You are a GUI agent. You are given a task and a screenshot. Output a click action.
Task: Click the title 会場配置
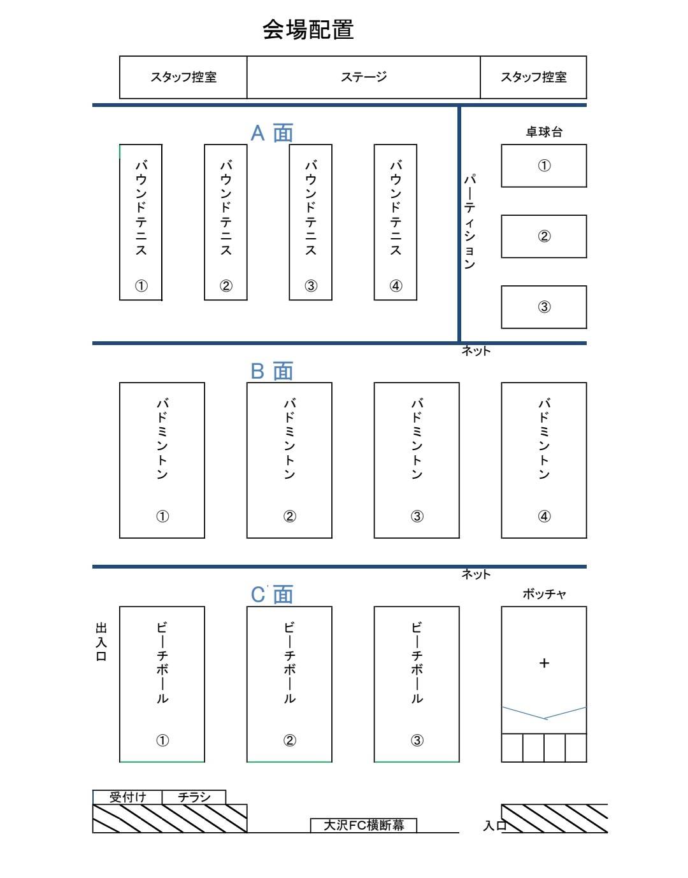pyautogui.click(x=308, y=30)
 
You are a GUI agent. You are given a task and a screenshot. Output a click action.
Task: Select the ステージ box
pyautogui.click(x=363, y=77)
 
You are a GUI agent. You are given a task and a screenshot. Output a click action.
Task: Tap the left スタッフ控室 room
pyautogui.click(x=183, y=77)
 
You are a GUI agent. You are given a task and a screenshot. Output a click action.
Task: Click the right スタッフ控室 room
pyautogui.click(x=534, y=77)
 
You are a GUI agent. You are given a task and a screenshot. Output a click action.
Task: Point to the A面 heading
pyautogui.click(x=271, y=133)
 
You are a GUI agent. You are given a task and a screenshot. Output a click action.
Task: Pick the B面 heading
pyautogui.click(x=271, y=371)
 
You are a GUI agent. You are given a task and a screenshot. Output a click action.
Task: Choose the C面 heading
pyautogui.click(x=271, y=595)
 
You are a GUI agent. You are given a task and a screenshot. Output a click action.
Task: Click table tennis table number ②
pyautogui.click(x=543, y=236)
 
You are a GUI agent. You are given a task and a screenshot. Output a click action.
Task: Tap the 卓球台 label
pyautogui.click(x=543, y=132)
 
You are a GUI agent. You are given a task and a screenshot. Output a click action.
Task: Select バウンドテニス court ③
pyautogui.click(x=310, y=222)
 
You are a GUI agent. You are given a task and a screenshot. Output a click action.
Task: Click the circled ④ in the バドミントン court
pyautogui.click(x=544, y=516)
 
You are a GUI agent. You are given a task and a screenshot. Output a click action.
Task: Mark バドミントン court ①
pyautogui.click(x=162, y=460)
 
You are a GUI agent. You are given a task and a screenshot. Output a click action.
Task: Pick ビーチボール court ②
pyautogui.click(x=289, y=684)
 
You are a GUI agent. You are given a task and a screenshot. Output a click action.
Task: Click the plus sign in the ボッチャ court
pyautogui.click(x=544, y=663)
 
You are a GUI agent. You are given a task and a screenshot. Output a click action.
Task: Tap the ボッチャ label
pyautogui.click(x=544, y=593)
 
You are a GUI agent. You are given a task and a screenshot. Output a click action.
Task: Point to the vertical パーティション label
pyautogui.click(x=469, y=222)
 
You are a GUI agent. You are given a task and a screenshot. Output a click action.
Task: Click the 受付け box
pyautogui.click(x=127, y=797)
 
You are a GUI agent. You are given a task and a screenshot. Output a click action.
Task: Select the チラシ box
pyautogui.click(x=194, y=797)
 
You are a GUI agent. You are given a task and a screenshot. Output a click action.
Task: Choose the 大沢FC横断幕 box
pyautogui.click(x=363, y=825)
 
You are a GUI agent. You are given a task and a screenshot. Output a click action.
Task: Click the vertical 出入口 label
pyautogui.click(x=101, y=641)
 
